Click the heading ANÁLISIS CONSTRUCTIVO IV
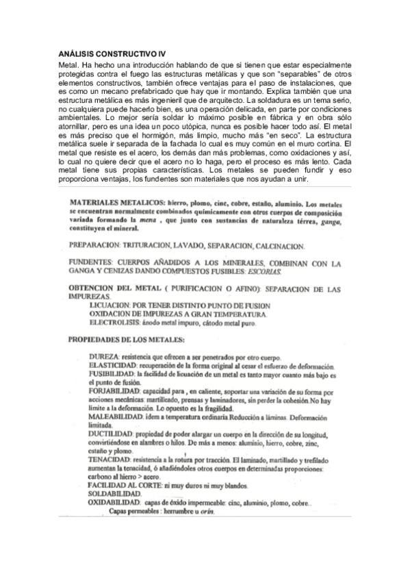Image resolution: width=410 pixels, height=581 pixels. pyautogui.click(x=107, y=53)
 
